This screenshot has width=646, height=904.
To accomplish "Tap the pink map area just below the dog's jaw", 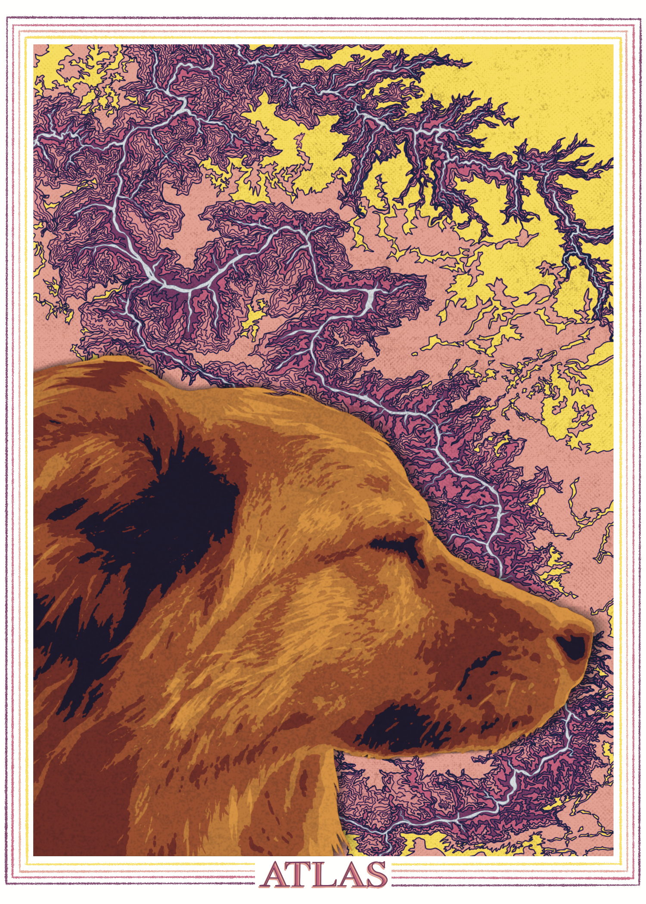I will pos(388,771).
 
